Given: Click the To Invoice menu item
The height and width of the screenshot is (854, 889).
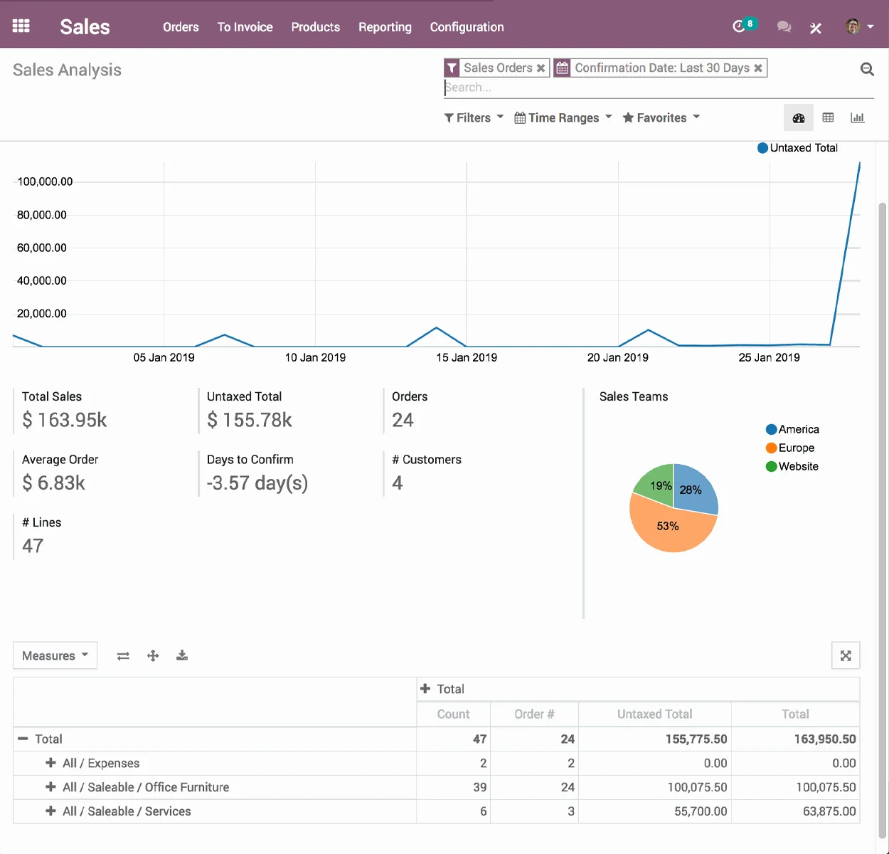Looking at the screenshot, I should coord(245,27).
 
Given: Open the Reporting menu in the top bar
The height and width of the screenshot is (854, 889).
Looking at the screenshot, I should coord(385,27).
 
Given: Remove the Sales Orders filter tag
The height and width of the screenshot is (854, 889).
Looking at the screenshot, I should coord(541,68).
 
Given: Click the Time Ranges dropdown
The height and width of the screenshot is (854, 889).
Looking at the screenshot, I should coord(563,118).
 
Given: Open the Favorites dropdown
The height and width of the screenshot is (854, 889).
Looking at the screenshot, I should coord(661,118).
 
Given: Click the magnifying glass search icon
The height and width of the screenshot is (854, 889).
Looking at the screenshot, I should coord(867,69).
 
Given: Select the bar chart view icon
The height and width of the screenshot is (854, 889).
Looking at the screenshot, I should coord(857,118).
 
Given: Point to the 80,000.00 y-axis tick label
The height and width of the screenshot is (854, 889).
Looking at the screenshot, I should coord(42,215).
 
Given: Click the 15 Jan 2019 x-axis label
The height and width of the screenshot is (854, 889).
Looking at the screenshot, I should coord(467,358).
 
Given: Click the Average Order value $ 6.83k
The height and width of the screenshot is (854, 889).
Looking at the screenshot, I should coord(54,483).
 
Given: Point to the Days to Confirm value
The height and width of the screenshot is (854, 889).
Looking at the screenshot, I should coord(257,483).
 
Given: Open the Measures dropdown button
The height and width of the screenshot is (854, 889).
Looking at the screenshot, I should coord(55,656).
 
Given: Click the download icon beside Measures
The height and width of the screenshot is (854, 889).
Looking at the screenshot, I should coord(182,655).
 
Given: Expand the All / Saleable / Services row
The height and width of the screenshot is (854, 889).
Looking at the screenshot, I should coord(50,811).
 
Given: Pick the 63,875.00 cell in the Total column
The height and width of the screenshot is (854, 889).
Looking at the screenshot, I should coord(829,811).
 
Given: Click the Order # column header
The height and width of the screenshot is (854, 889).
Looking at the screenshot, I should coord(534,715).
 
